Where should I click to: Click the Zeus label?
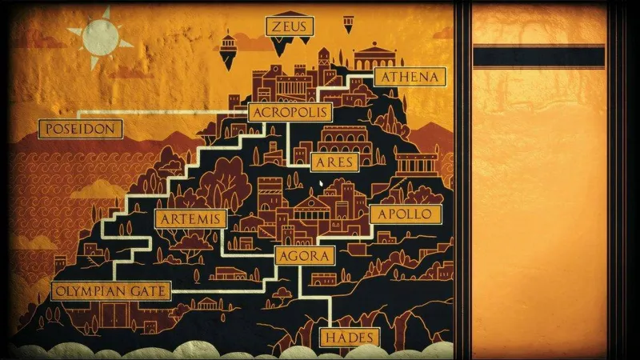click(x=289, y=27)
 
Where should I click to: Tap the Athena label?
click(x=410, y=78)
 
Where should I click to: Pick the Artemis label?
click(x=190, y=219)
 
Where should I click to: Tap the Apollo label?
click(x=405, y=214)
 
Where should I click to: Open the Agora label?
click(x=304, y=256)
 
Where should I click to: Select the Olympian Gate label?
click(x=111, y=290)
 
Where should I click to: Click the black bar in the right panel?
click(x=538, y=57)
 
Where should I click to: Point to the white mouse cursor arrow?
click(x=322, y=185)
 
